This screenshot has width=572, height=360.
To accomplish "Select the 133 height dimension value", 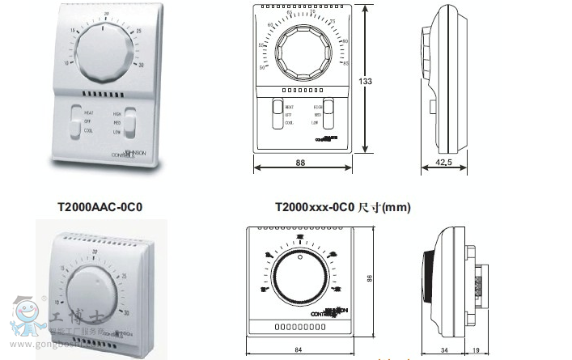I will (367, 81).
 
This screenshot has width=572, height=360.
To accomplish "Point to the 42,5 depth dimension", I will (443, 163).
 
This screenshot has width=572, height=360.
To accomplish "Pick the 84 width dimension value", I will (299, 349).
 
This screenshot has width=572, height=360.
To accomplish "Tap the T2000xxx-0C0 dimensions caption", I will (342, 207).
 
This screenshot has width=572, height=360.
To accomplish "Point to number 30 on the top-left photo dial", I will (142, 65).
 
